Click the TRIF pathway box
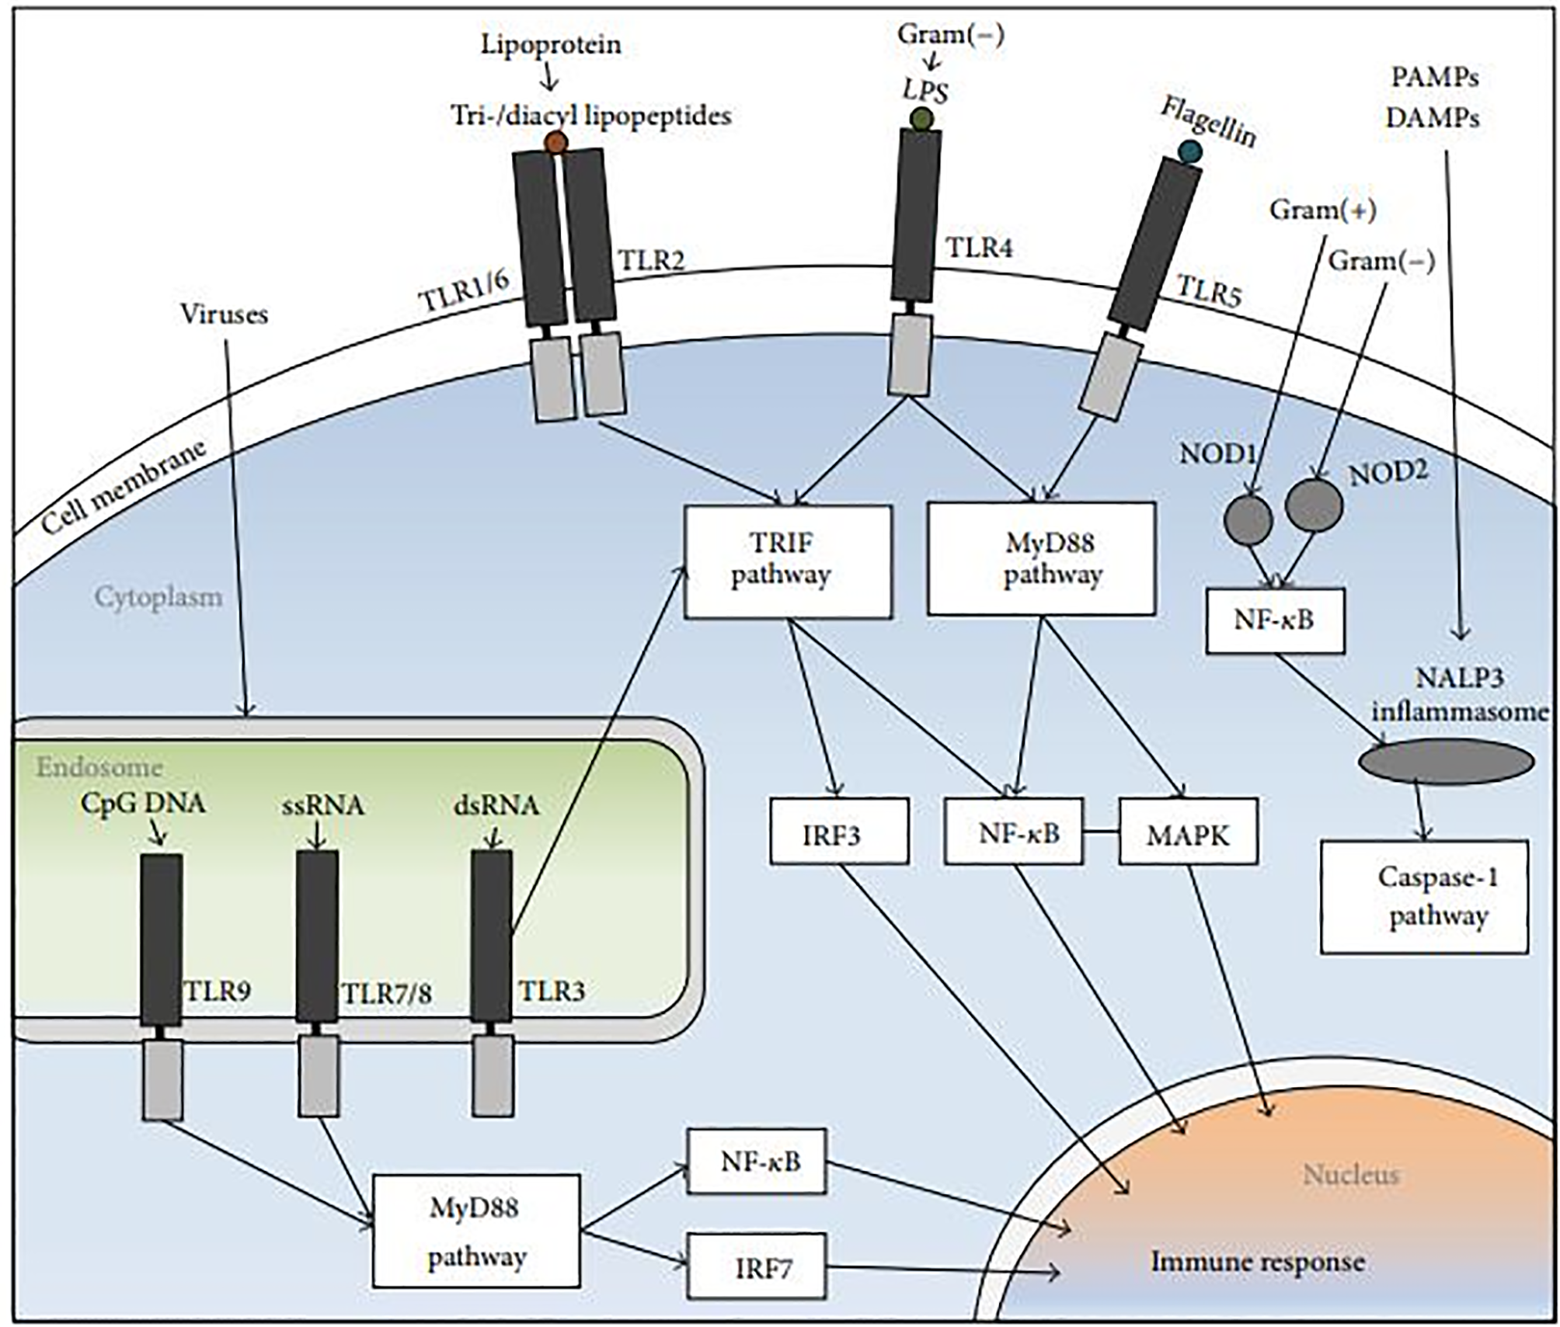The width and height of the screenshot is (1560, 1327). click(x=787, y=561)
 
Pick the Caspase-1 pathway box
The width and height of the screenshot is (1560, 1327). click(x=1424, y=896)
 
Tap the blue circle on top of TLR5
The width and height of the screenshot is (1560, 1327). click(x=1189, y=151)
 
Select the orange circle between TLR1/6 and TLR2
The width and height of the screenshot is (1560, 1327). click(x=556, y=142)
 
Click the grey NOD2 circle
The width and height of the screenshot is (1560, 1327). click(x=1314, y=505)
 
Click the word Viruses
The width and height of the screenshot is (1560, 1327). click(x=224, y=314)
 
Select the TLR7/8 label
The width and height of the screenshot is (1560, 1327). click(x=386, y=993)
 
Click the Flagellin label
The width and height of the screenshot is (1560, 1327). click(x=1208, y=122)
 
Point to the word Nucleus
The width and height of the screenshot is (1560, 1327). click(x=1350, y=1175)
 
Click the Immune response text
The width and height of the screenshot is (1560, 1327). click(x=1257, y=1262)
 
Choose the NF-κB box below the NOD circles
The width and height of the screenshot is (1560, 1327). click(x=1274, y=620)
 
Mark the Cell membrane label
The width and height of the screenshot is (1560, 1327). click(x=124, y=487)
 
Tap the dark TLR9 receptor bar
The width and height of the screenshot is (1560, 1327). click(x=162, y=940)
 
